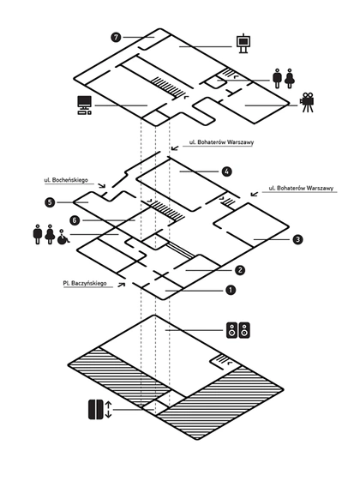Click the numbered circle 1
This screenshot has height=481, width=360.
click(x=231, y=290)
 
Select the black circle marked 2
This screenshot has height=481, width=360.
click(x=240, y=270)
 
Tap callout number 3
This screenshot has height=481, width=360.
click(x=297, y=239)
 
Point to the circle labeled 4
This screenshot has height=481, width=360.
click(x=226, y=171)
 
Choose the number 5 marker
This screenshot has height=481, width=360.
click(x=50, y=202)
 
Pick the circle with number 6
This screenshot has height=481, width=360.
click(x=75, y=220)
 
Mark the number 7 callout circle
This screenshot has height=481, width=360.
click(x=116, y=38)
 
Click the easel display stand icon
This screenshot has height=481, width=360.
click(x=243, y=43)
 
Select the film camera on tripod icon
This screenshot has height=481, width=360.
click(x=307, y=102)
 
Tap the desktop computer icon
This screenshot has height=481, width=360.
click(x=84, y=105)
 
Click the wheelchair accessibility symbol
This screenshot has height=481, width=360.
click(x=63, y=237)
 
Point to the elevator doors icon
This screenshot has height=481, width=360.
click(x=96, y=409)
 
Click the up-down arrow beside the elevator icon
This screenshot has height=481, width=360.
click(x=108, y=410)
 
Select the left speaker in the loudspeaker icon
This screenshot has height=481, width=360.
click(x=232, y=330)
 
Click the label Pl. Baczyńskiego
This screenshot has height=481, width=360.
click(x=85, y=283)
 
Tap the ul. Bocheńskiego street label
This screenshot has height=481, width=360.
click(x=66, y=180)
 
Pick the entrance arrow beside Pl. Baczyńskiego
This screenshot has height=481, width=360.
click(x=122, y=285)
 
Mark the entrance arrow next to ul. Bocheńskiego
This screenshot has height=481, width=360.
click(x=101, y=185)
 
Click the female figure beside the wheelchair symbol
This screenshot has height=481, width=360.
click(x=50, y=234)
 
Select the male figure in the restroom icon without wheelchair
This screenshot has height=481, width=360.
click(x=277, y=79)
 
